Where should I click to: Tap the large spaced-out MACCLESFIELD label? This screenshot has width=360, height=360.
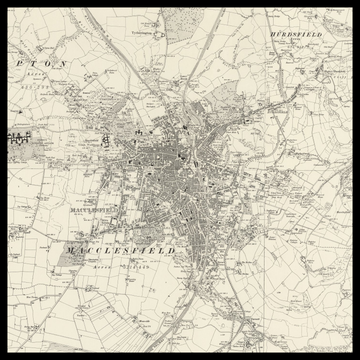(120, 249)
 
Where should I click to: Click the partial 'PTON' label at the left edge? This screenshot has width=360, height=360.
(45, 63)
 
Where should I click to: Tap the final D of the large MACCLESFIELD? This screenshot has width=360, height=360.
(172, 249)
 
